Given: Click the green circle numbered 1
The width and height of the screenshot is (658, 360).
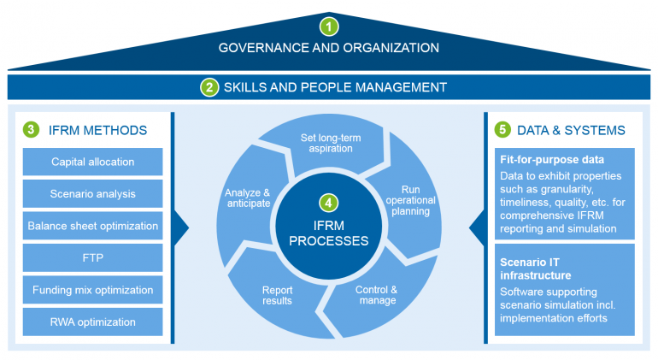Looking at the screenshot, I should click(329, 25).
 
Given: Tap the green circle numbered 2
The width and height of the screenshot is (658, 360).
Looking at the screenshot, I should click(210, 87).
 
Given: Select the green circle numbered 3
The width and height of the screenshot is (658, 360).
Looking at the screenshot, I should click(32, 130).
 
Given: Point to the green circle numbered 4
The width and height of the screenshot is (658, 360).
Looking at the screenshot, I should click(329, 204).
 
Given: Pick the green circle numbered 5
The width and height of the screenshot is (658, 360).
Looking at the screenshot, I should click(503, 130).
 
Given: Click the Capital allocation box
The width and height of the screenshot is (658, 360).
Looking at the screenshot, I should click(92, 162).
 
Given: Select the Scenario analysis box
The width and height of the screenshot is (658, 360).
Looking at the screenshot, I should click(92, 193).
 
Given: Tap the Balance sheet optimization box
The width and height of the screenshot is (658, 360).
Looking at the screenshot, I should click(92, 226).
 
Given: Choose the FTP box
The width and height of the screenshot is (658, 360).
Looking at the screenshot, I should click(92, 257).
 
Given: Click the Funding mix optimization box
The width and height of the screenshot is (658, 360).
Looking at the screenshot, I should click(92, 290).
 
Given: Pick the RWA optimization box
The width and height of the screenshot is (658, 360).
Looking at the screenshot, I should click(92, 322).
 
